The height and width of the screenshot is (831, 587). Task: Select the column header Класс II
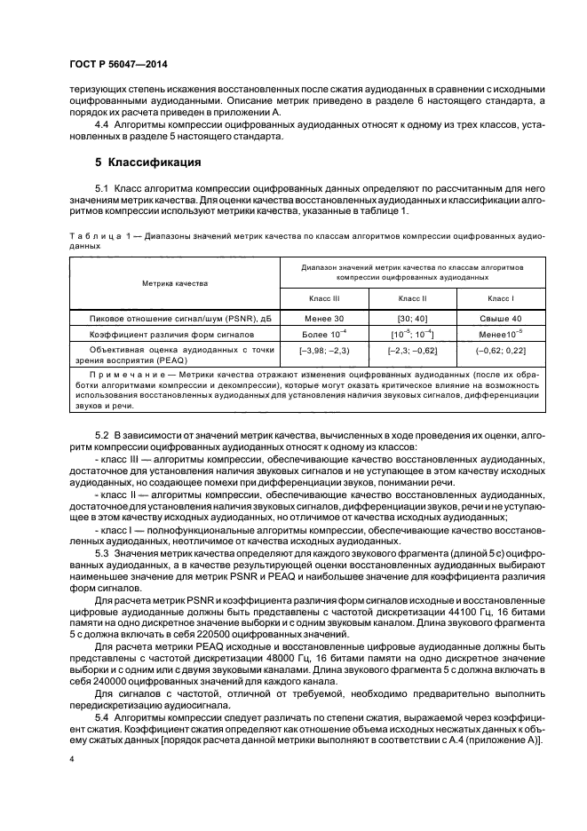412,298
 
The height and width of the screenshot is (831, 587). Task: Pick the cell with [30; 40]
412,318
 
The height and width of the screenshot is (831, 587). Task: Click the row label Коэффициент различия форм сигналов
172,335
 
